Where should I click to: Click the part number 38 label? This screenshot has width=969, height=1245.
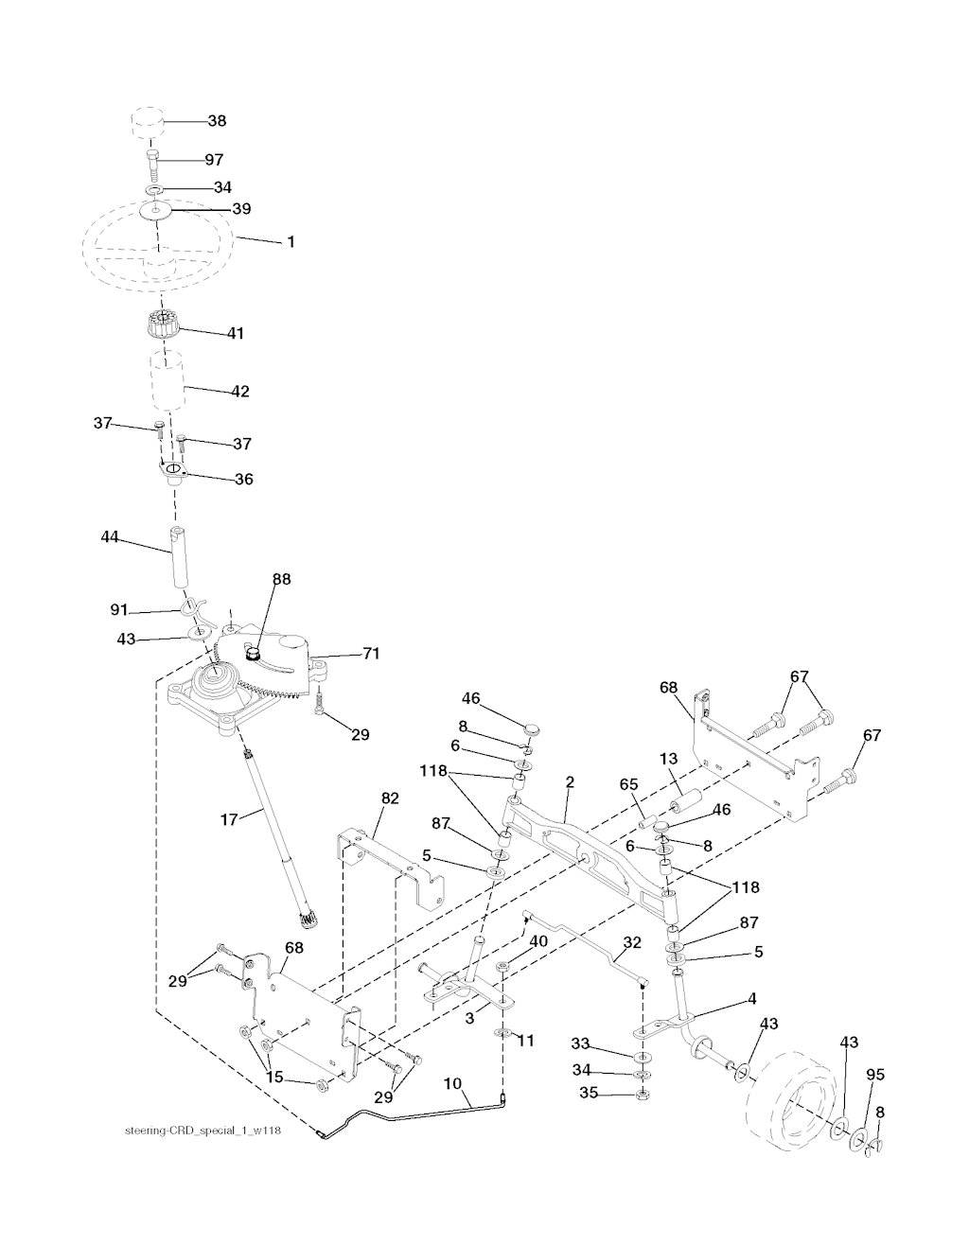[217, 121]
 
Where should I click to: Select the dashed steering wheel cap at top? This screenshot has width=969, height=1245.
[148, 121]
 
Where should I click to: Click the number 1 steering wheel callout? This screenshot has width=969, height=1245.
[291, 242]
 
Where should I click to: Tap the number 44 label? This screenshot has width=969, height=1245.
[110, 536]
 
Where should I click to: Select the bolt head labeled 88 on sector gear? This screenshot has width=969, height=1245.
[252, 653]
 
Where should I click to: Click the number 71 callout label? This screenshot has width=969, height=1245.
[371, 653]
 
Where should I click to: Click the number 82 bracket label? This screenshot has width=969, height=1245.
[390, 798]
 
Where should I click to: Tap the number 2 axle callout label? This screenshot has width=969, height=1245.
[569, 782]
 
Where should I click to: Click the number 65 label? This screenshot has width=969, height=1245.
[628, 784]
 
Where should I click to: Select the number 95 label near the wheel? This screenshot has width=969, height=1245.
[875, 1075]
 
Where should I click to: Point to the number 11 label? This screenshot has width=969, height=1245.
[525, 1041]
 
